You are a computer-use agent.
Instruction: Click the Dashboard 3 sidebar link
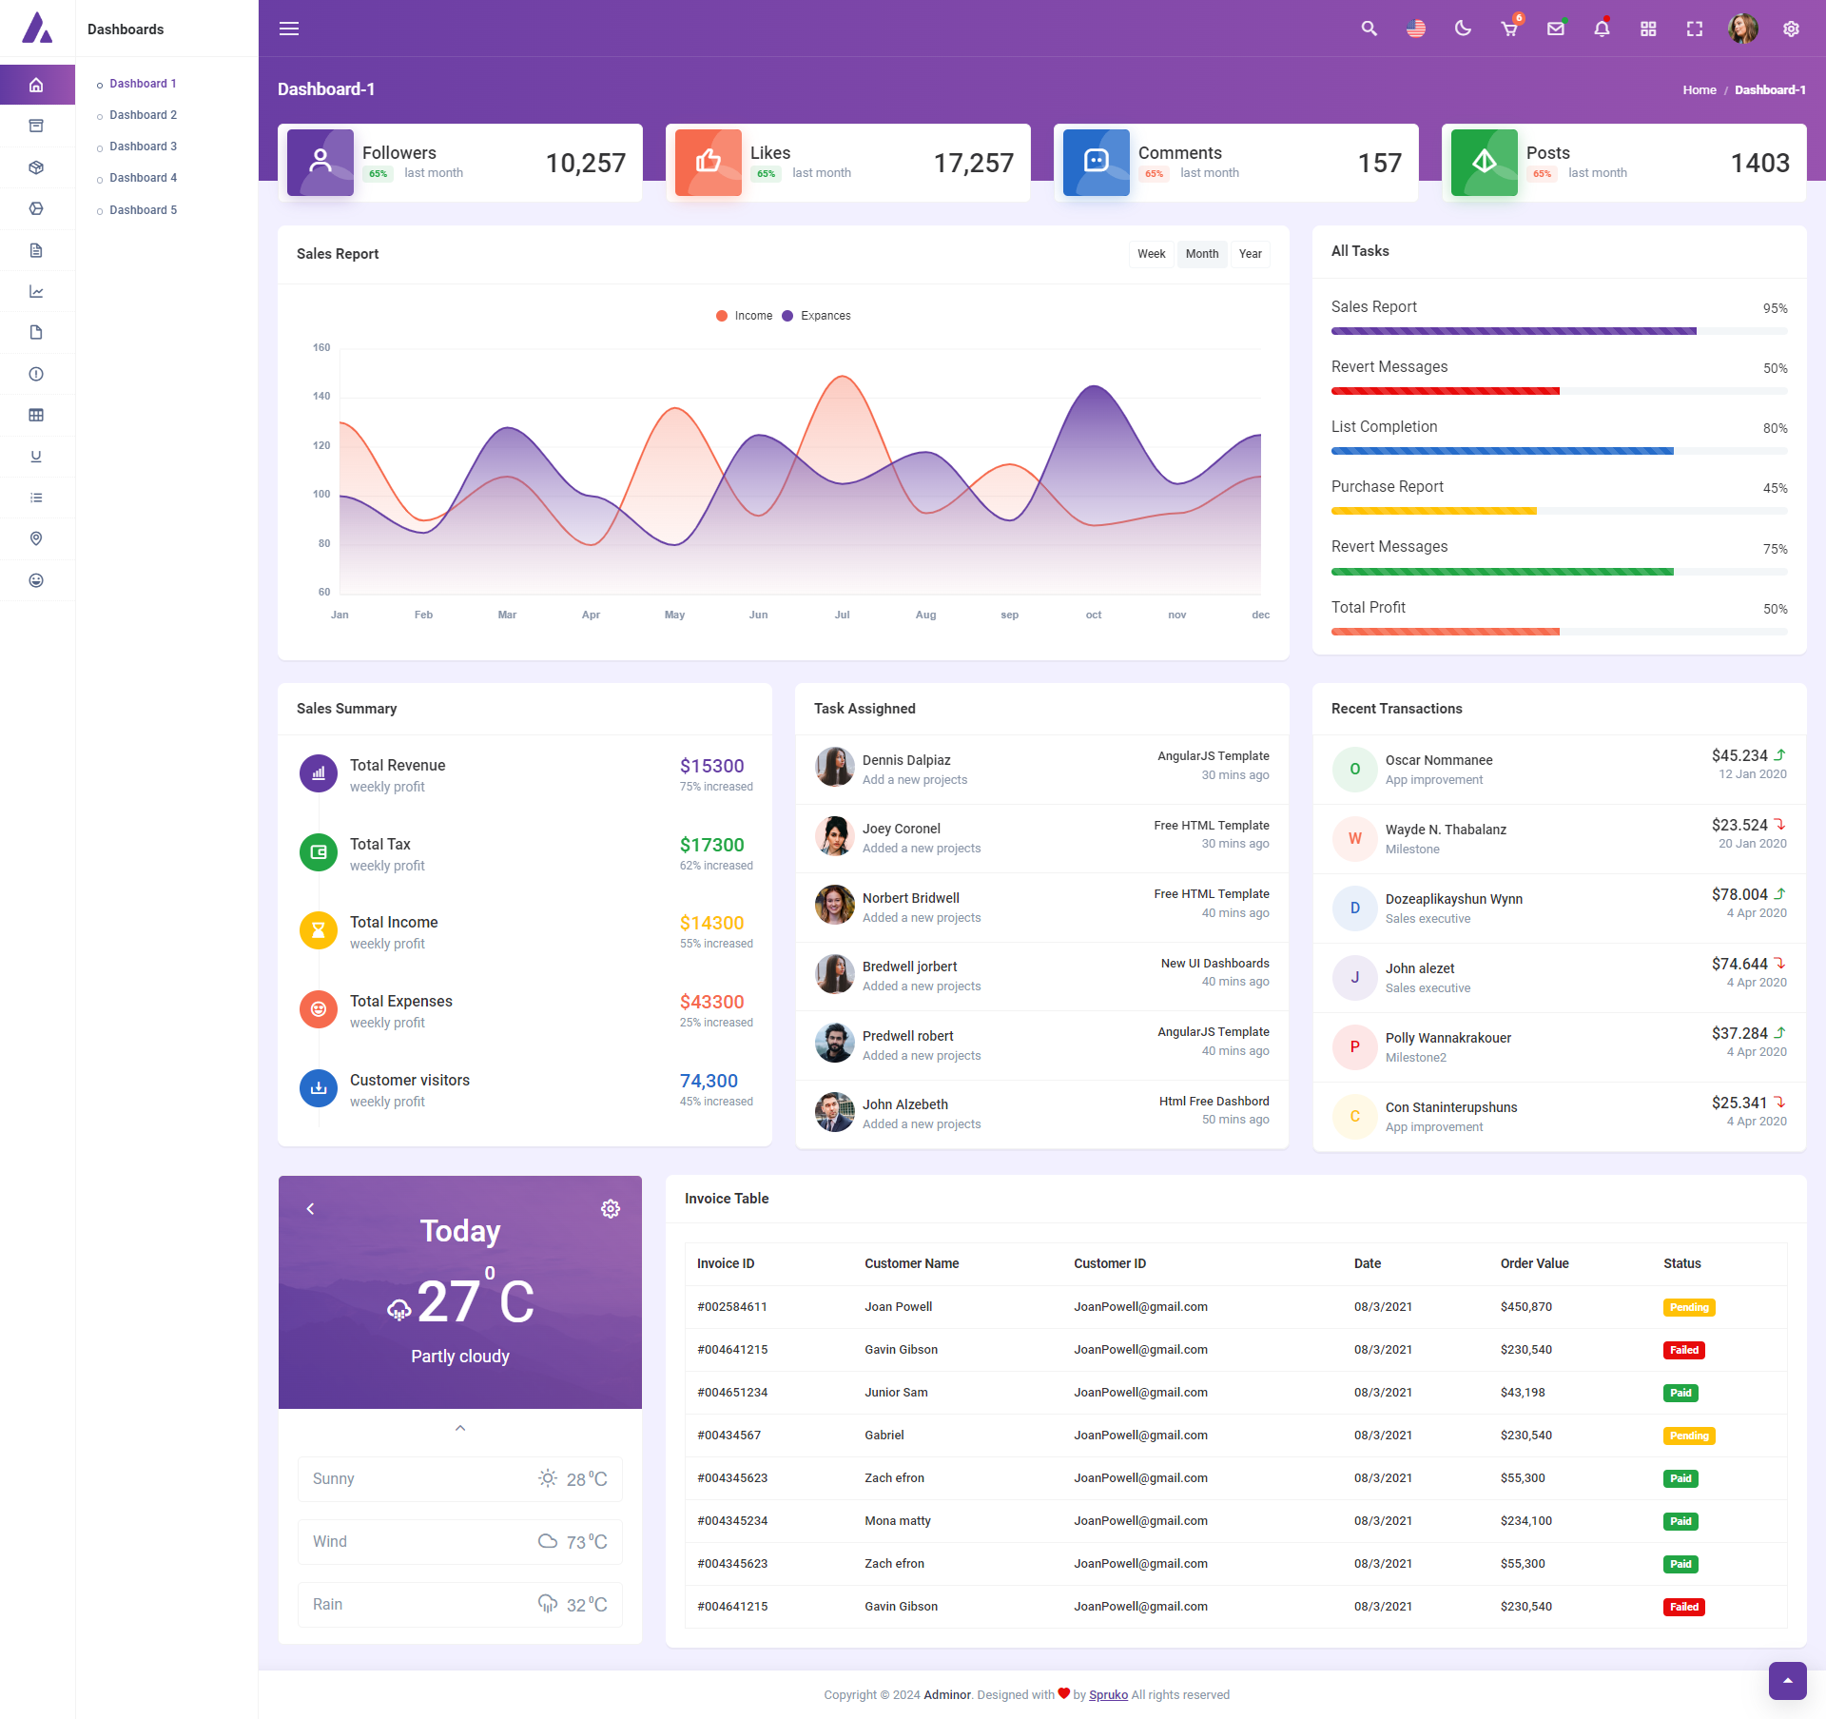[143, 147]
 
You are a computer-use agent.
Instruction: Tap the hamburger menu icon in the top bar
[289, 29]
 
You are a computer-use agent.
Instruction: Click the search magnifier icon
[1369, 29]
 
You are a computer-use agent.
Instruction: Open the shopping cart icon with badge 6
[1509, 29]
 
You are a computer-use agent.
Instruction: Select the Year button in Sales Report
[1250, 254]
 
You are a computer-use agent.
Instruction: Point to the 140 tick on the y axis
[321, 396]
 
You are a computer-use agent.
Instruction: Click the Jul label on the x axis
[842, 615]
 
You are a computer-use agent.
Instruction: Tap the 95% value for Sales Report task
[1775, 308]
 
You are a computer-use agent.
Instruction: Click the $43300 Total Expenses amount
[711, 1002]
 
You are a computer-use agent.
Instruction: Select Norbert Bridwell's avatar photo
[834, 905]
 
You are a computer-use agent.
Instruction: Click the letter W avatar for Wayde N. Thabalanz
[1354, 838]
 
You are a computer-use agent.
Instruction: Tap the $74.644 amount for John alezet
[1739, 964]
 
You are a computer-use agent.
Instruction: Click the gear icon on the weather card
[611, 1208]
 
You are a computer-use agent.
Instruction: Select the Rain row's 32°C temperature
[586, 1605]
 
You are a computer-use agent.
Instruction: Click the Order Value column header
[1534, 1263]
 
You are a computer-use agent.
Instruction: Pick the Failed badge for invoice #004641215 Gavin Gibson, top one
[1683, 1350]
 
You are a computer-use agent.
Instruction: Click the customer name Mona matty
[897, 1520]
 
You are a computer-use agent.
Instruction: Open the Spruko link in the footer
[1108, 1694]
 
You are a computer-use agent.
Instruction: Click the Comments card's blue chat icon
[1096, 162]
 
